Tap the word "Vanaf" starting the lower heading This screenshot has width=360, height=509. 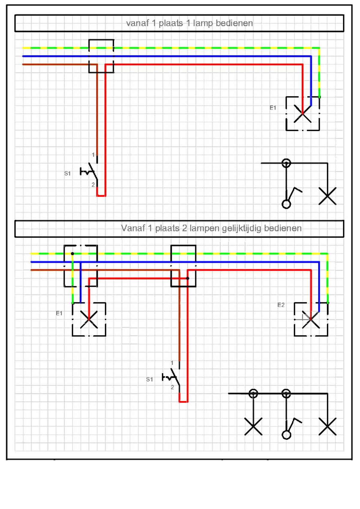pyautogui.click(x=133, y=228)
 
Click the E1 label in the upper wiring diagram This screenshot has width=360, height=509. pyautogui.click(x=273, y=108)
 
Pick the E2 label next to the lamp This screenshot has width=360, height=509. pyautogui.click(x=281, y=305)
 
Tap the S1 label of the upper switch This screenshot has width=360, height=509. pyautogui.click(x=67, y=173)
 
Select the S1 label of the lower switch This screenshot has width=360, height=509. pyautogui.click(x=149, y=379)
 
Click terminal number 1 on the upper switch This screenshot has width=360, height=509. pyautogui.click(x=93, y=155)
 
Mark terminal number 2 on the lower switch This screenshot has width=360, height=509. pyautogui.click(x=172, y=387)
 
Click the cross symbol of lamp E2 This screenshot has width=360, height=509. pyautogui.click(x=311, y=320)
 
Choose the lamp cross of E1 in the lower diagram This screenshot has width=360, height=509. pyautogui.click(x=89, y=319)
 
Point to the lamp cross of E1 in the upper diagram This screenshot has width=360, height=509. pyautogui.click(x=303, y=114)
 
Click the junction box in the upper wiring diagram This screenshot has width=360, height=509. pyautogui.click(x=101, y=56)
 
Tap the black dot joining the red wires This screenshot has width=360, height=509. pyautogui.click(x=187, y=279)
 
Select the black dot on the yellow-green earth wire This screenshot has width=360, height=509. pyautogui.click(x=73, y=254)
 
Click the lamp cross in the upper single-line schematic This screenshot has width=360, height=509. pyautogui.click(x=327, y=196)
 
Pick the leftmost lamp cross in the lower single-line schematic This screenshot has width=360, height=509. pyautogui.click(x=253, y=426)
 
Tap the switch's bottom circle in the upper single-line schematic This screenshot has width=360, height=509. pyautogui.click(x=286, y=204)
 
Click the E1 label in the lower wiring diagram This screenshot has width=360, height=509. pyautogui.click(x=59, y=313)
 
